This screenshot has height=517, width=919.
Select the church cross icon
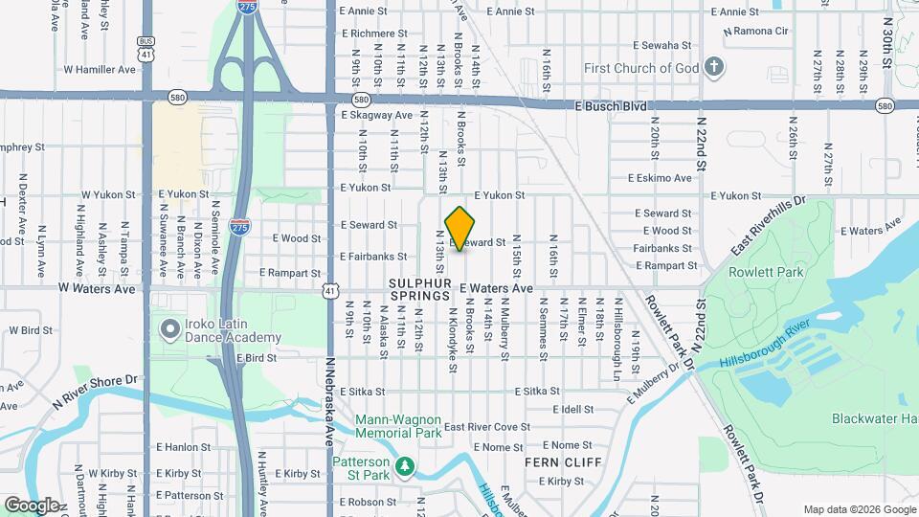[712, 67]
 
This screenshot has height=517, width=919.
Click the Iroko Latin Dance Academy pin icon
[170, 330]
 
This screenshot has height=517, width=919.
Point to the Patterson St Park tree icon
[407, 466]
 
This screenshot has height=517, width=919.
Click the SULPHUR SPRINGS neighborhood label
[419, 290]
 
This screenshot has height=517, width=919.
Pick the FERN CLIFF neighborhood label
[563, 462]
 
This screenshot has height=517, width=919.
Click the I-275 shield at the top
[246, 7]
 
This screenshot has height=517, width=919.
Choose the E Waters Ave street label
[495, 288]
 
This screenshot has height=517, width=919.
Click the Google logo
[32, 505]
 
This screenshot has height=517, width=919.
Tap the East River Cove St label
[486, 427]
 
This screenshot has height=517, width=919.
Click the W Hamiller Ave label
[100, 70]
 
